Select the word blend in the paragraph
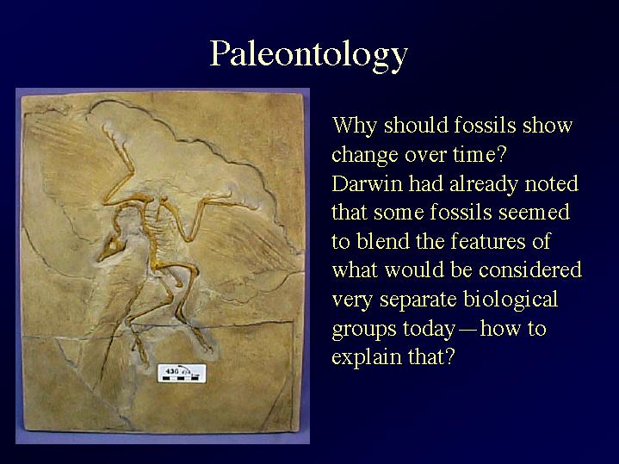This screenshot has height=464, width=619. point(383,241)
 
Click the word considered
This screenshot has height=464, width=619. point(530,270)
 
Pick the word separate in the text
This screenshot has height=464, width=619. point(418,300)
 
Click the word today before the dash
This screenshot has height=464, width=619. point(429,330)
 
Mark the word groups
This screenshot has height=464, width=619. point(364,330)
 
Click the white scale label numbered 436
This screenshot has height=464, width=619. point(182,374)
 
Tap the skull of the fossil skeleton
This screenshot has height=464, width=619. point(112,248)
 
